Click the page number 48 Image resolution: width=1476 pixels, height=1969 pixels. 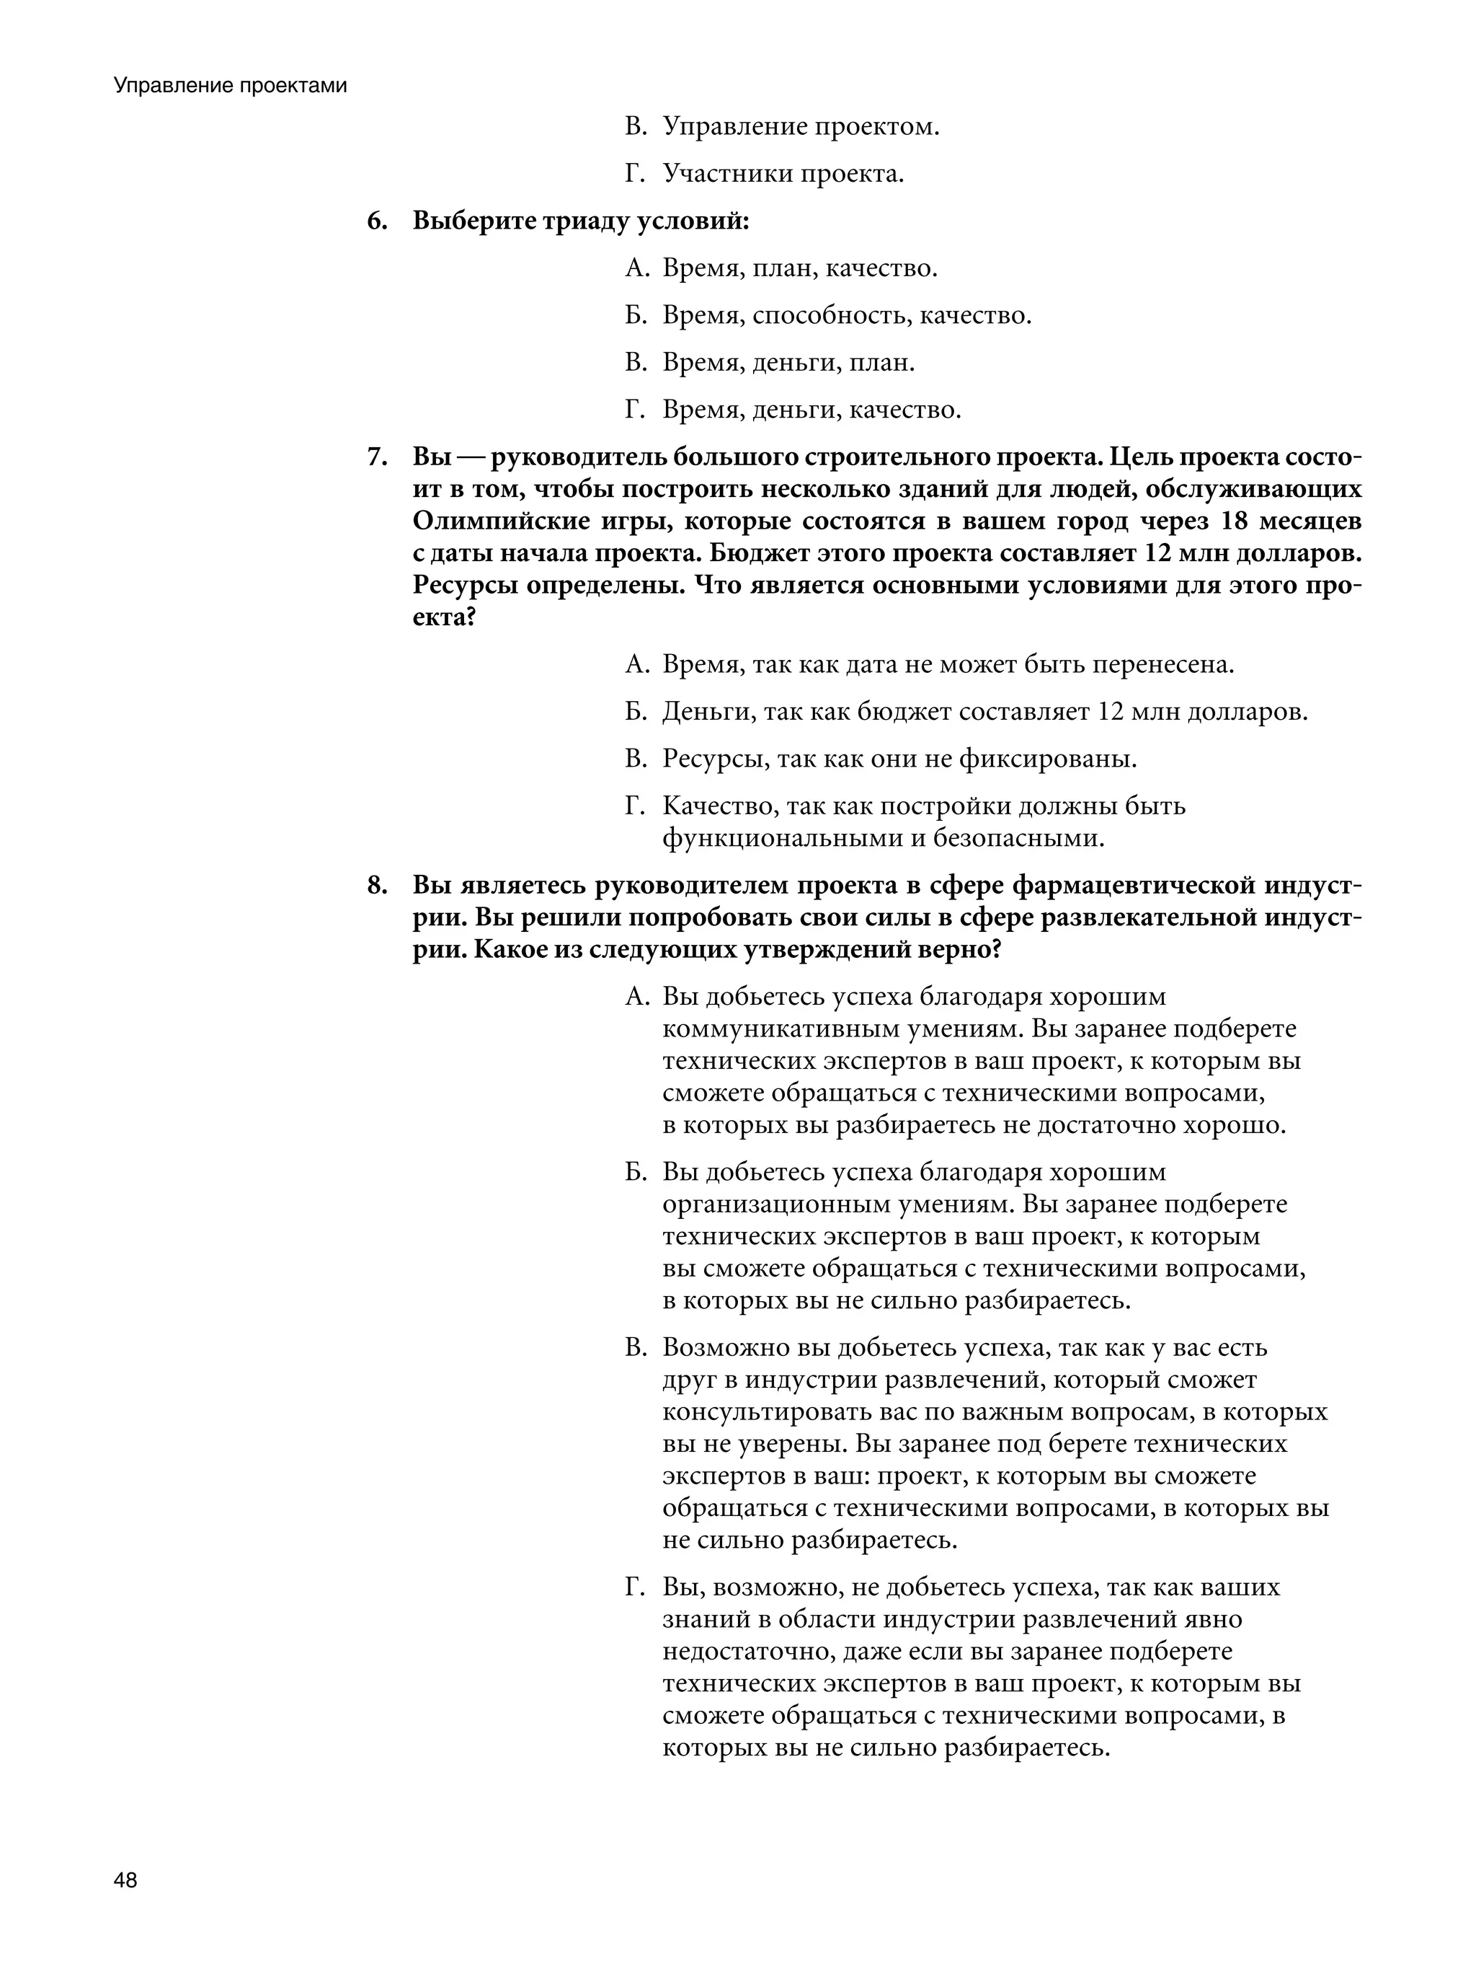(125, 1881)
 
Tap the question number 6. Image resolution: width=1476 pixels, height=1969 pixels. (376, 221)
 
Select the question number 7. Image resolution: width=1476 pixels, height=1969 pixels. (376, 457)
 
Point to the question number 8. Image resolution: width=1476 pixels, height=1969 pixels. (376, 886)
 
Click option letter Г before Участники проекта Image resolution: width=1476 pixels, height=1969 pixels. (633, 175)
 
